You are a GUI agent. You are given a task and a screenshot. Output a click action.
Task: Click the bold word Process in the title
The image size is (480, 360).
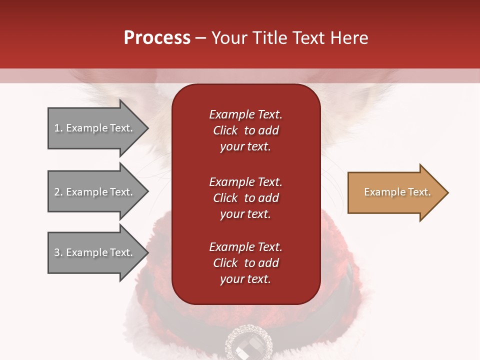point(157,38)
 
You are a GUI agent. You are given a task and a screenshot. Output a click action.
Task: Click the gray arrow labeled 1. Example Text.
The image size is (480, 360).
point(95,128)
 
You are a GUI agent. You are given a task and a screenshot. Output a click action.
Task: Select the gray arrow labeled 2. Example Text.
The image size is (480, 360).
point(95,192)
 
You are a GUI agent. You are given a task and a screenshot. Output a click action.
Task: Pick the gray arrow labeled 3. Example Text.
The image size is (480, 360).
point(95,252)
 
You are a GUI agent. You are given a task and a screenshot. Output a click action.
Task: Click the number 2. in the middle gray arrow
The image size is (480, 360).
point(58,192)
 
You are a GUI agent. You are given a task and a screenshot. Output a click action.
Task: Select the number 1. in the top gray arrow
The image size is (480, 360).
point(58,128)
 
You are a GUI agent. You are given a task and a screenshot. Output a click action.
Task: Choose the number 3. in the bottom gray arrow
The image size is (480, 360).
point(58,252)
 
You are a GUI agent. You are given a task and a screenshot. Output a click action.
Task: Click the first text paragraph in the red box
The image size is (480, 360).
point(245,130)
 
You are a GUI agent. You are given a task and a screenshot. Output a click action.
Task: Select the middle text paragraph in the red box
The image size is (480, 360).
point(245,198)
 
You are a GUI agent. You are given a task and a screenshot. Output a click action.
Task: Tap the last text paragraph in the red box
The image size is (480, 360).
point(245,263)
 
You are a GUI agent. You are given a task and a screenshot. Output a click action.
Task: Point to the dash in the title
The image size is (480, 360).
point(200,38)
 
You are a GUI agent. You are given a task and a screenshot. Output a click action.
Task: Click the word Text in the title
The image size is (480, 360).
point(307,38)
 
